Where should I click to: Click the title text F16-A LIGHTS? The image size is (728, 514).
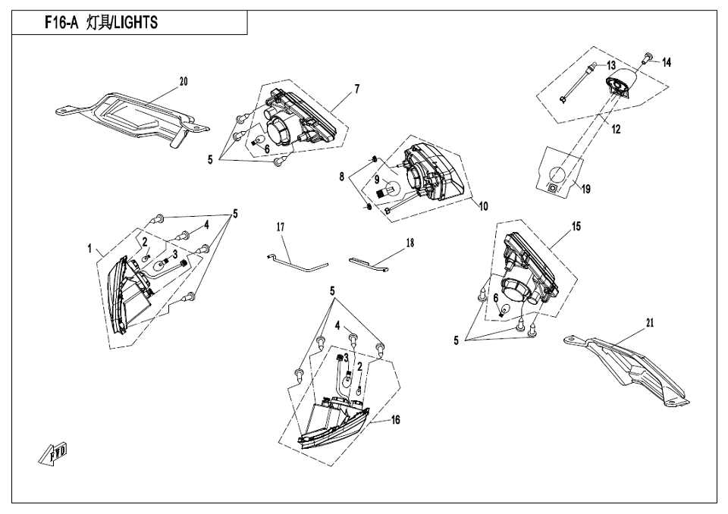tap(101, 23)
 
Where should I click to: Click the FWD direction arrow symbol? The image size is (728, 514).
tap(55, 453)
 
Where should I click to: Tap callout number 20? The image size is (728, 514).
tap(183, 82)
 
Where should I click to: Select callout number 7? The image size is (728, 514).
tap(356, 89)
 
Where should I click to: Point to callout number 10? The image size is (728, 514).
tap(483, 205)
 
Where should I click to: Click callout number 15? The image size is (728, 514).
tap(576, 227)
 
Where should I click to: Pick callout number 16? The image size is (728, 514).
tap(395, 420)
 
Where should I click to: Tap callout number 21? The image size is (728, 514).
tap(649, 322)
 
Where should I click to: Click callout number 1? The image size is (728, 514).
tap(89, 248)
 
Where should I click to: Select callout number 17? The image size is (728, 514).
tap(280, 227)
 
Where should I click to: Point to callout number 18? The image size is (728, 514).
tap(409, 243)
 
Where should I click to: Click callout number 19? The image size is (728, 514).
tap(585, 189)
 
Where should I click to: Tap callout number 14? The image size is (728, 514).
tap(667, 63)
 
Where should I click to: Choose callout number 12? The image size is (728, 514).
tap(616, 130)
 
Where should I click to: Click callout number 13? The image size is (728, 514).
tap(611, 66)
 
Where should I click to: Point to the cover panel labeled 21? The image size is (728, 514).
tap(629, 364)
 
